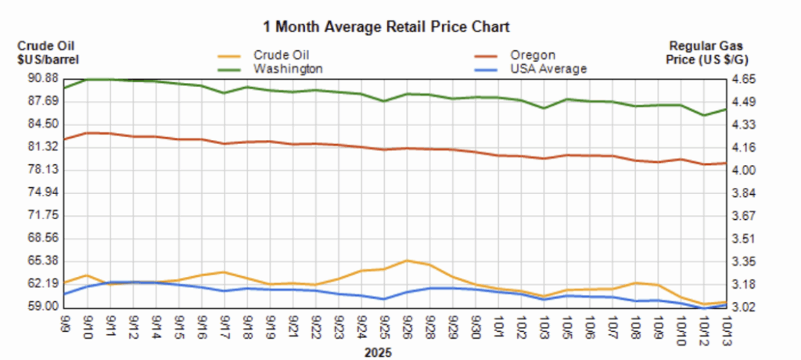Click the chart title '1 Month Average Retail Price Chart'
[x=386, y=27]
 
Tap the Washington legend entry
[x=287, y=69]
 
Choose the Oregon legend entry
[x=533, y=55]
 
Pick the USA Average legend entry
[x=548, y=69]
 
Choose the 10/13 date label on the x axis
[x=727, y=323]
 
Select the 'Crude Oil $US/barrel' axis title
[x=48, y=52]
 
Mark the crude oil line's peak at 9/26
[x=407, y=261]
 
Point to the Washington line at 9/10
[x=87, y=79]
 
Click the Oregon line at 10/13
[x=727, y=164]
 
